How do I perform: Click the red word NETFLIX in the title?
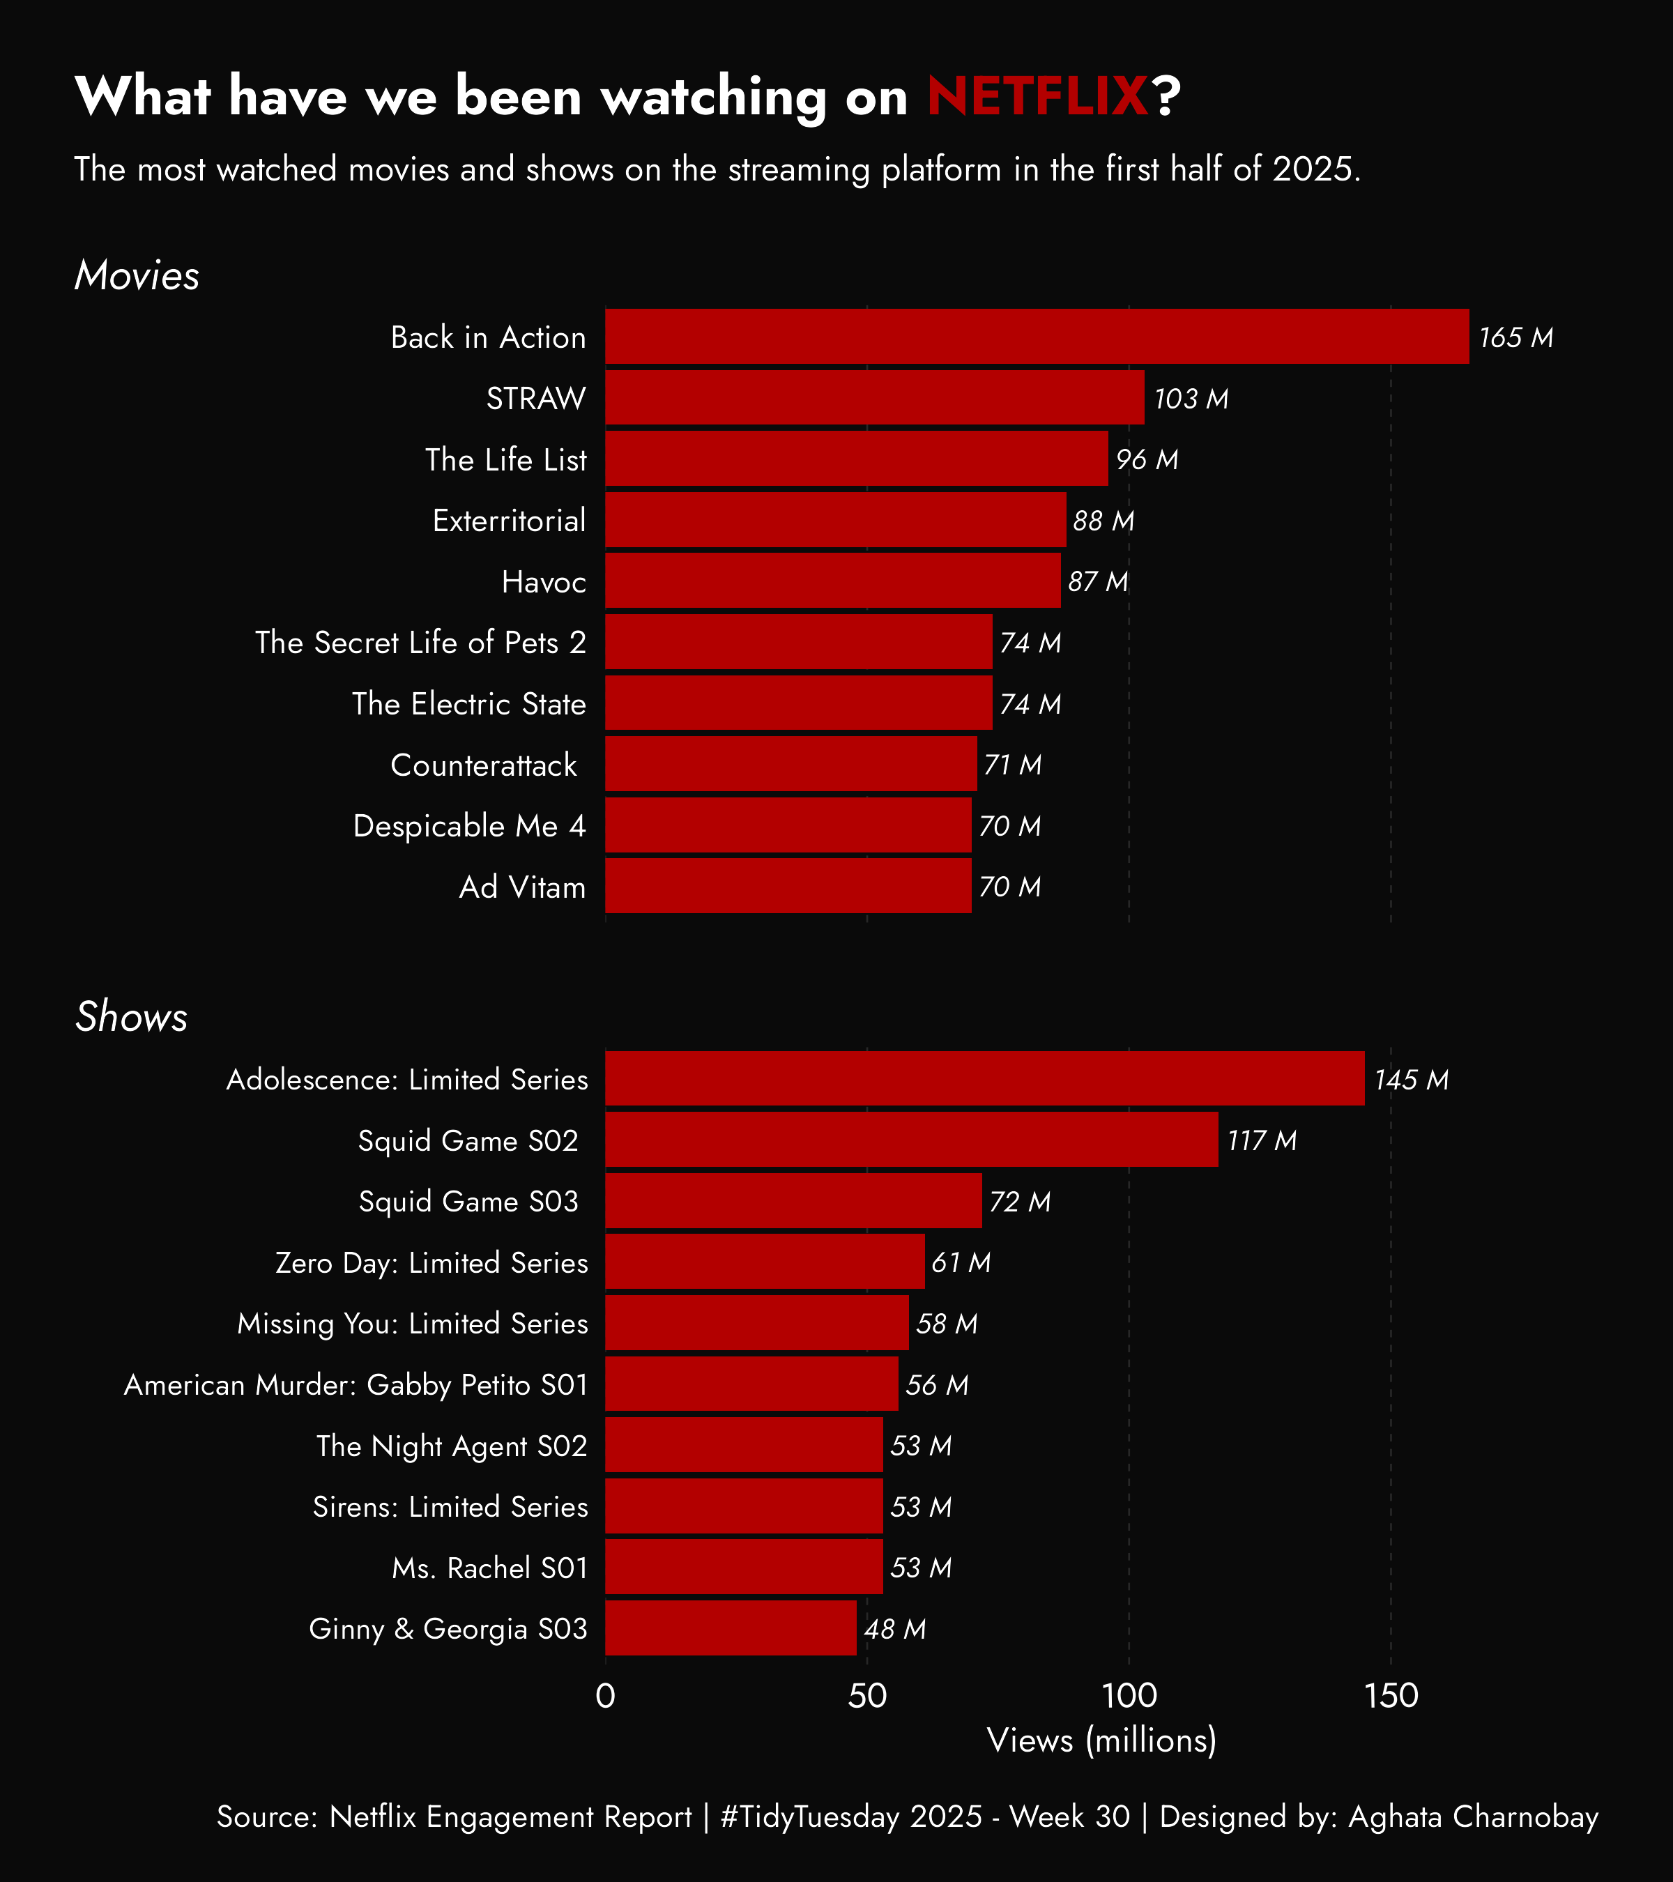1037,95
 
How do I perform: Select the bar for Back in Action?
1037,337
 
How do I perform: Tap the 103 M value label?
1191,399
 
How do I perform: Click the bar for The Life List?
856,459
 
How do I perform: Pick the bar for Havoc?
832,581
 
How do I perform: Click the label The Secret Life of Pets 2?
421,643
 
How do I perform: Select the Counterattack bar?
791,764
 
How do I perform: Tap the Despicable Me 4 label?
470,826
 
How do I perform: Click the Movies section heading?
136,275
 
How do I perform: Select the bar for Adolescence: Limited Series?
984,1079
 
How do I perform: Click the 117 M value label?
1262,1141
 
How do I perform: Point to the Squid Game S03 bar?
794,1201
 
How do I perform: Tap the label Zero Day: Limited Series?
431,1262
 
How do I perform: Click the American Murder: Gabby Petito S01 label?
356,1385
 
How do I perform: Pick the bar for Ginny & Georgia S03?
731,1628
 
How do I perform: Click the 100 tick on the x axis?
1129,1696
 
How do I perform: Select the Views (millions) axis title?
1101,1741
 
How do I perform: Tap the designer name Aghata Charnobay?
1473,1816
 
